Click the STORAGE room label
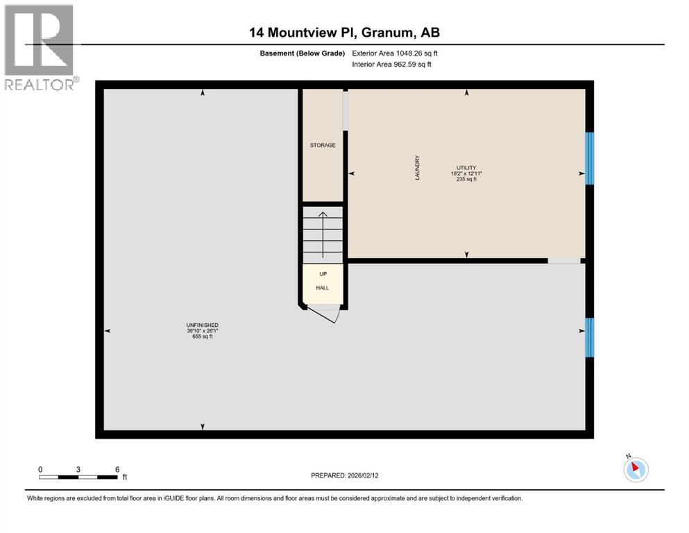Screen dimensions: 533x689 pyautogui.click(x=323, y=145)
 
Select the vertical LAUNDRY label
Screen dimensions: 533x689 pyautogui.click(x=418, y=169)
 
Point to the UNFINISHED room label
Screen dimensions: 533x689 pyautogui.click(x=203, y=325)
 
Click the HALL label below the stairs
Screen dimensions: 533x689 pyautogui.click(x=323, y=287)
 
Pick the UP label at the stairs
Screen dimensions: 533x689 pyautogui.click(x=323, y=274)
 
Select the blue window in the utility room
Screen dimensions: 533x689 pyautogui.click(x=590, y=158)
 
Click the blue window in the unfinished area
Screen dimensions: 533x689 pyautogui.click(x=590, y=337)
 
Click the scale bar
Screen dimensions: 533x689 pyautogui.click(x=78, y=477)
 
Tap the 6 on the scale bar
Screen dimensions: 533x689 pyautogui.click(x=117, y=469)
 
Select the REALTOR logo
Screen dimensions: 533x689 pyautogui.click(x=40, y=47)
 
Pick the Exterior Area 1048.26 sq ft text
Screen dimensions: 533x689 pyautogui.click(x=395, y=53)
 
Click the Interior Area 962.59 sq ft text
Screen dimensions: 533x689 pyautogui.click(x=392, y=65)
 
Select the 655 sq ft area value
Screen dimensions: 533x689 pyautogui.click(x=203, y=337)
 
